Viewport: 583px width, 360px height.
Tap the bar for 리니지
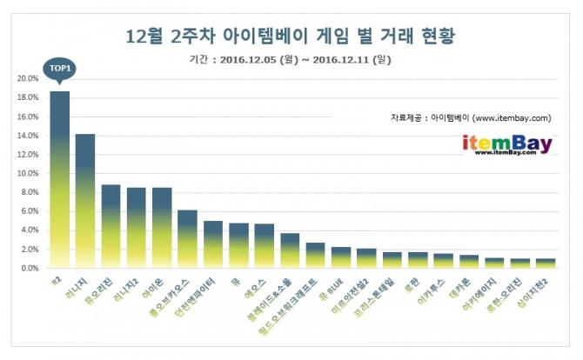pos(85,201)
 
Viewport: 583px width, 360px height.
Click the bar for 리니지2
pos(136,228)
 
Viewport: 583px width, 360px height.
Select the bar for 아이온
pos(162,228)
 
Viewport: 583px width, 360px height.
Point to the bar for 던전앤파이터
pos(213,244)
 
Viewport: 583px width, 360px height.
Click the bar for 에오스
pos(264,246)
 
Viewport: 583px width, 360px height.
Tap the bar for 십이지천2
pos(546,263)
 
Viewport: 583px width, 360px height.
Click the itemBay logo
pos(507,143)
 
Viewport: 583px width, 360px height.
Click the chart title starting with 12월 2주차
pos(291,37)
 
